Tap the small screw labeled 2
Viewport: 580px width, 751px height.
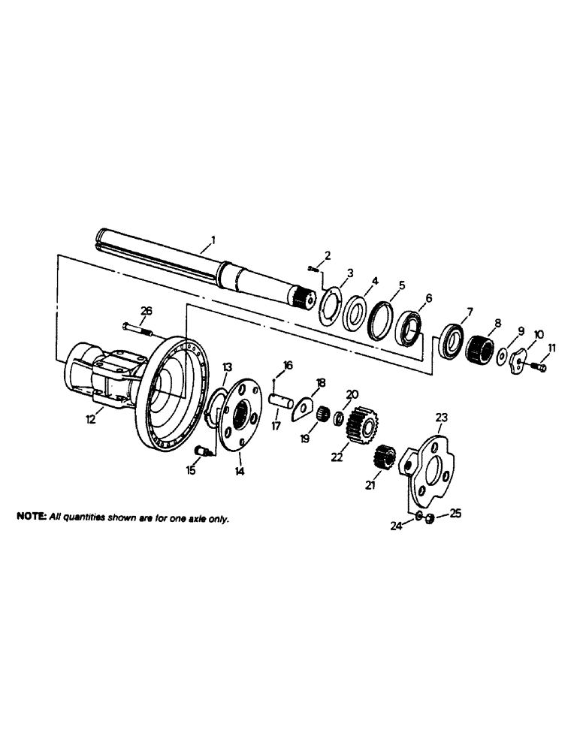point(314,268)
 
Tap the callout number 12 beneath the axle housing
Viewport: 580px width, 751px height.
point(91,420)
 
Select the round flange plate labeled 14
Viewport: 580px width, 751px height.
point(239,413)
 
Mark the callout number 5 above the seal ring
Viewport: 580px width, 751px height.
point(402,285)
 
